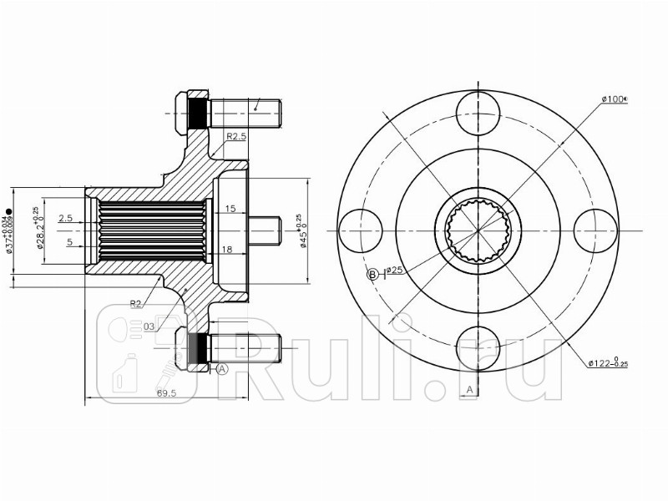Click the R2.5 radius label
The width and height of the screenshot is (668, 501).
tap(236, 136)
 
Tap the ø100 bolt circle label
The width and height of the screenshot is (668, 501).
tap(614, 99)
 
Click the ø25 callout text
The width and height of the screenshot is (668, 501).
tap(395, 271)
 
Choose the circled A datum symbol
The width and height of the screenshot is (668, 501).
tap(222, 368)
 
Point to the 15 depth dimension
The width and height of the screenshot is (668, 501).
tap(230, 208)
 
